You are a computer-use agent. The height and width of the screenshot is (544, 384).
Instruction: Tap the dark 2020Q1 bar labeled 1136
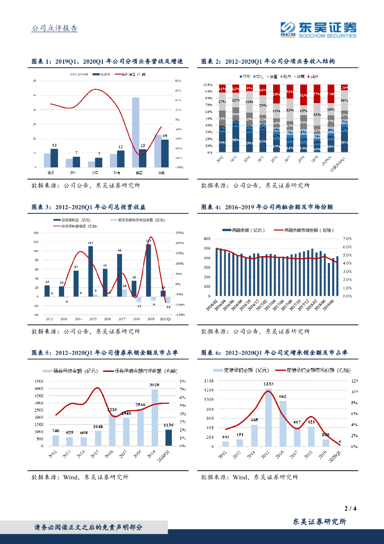click(169, 438)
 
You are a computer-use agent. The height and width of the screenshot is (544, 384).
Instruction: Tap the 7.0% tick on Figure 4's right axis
click(347, 239)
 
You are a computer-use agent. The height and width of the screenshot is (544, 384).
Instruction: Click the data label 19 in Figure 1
click(165, 137)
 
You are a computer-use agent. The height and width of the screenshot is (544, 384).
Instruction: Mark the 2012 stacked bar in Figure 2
click(222, 118)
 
